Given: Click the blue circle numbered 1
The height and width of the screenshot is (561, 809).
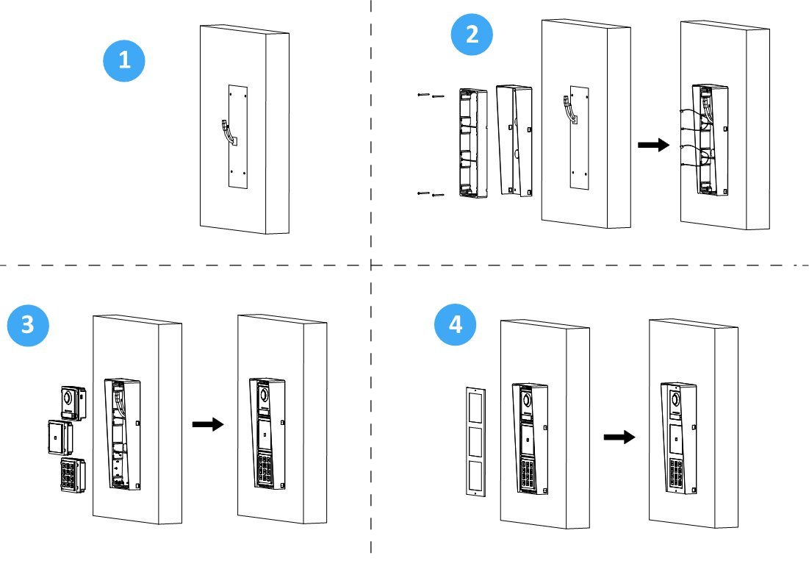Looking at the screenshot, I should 123,60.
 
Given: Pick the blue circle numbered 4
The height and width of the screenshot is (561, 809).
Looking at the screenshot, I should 456,324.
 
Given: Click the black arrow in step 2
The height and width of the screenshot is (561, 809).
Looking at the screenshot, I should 653,145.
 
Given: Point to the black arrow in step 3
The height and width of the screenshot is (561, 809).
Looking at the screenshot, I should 207,424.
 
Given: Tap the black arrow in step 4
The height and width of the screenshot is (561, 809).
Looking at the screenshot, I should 619,437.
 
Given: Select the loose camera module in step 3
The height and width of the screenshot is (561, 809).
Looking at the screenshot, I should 73,400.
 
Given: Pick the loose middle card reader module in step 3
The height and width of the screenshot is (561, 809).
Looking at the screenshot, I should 60,437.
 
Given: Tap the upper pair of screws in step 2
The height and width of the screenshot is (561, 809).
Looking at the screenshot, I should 430,96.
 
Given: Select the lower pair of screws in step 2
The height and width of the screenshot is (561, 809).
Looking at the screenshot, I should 430,193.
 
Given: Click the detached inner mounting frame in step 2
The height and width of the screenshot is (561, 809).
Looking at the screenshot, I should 470,143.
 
